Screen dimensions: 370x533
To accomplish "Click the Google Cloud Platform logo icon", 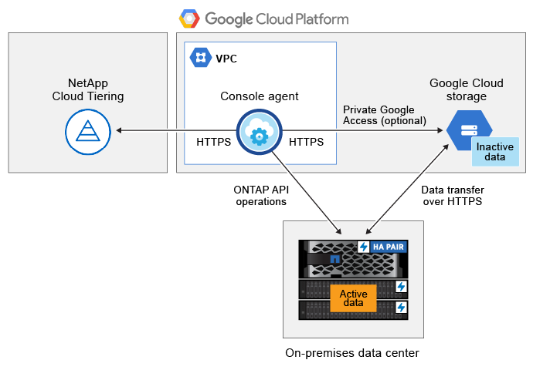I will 188,18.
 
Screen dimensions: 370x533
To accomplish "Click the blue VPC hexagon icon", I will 201,57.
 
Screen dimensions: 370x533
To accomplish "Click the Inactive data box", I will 491,151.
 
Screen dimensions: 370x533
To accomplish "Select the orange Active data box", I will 353,298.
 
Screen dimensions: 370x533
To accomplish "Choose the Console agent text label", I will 260,96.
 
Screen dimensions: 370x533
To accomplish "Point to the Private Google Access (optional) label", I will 384,115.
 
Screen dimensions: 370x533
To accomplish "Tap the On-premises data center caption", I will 352,352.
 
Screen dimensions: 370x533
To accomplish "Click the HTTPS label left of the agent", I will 214,142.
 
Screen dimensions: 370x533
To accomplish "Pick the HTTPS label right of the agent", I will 306,142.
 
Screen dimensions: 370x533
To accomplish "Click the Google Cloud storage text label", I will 467,89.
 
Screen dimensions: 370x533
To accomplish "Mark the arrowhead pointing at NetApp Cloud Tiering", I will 121,132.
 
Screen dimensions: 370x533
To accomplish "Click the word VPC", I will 226,58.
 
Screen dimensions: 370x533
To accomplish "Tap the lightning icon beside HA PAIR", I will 365,247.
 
